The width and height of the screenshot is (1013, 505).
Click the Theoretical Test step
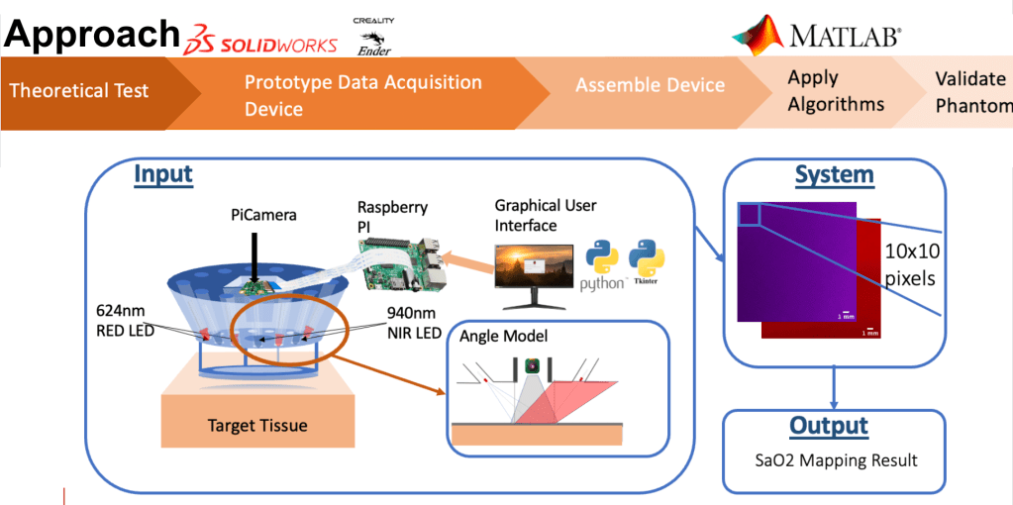pyautogui.click(x=79, y=91)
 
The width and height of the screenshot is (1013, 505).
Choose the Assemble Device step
pyautogui.click(x=650, y=86)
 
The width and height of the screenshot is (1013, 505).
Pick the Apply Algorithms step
pyautogui.click(x=835, y=91)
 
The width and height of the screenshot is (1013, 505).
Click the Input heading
pyautogui.click(x=163, y=176)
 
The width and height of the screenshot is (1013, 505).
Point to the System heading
pyautogui.click(x=834, y=176)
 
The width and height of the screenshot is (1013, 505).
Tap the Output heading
pyautogui.click(x=828, y=427)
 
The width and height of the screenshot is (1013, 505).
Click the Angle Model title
pyautogui.click(x=503, y=337)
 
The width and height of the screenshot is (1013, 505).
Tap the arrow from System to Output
pyautogui.click(x=834, y=386)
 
